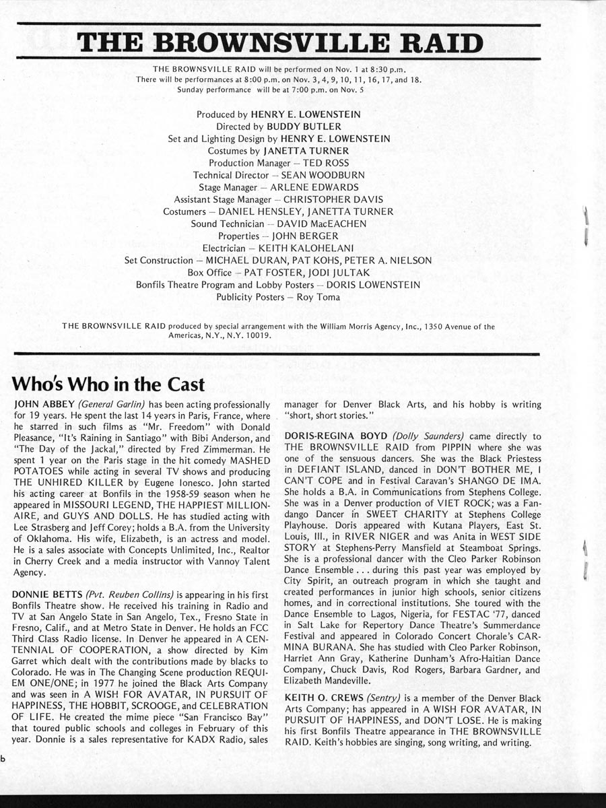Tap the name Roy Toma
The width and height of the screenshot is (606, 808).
[319, 296]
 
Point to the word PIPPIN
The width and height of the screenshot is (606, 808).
[438, 448]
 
